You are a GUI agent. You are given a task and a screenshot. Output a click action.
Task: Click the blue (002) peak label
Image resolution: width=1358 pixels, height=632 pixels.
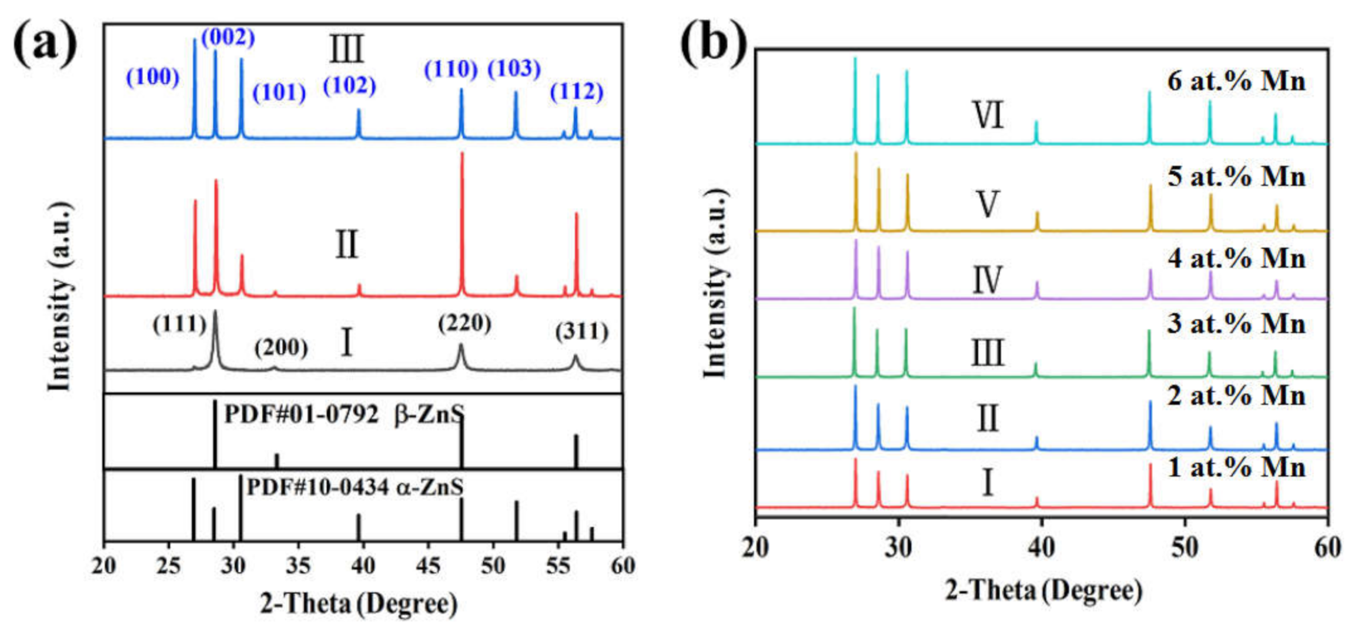click(228, 38)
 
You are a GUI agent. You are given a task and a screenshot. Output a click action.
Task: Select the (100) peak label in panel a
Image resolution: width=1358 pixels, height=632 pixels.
click(153, 77)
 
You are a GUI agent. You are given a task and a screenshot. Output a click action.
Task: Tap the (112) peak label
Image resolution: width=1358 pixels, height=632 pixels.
click(577, 92)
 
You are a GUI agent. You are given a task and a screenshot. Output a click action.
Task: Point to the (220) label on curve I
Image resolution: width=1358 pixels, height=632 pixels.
click(464, 323)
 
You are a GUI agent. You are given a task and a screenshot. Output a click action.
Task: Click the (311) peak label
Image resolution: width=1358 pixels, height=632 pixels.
click(582, 332)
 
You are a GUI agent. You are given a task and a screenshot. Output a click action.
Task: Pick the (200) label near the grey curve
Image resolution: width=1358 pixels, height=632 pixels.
click(281, 348)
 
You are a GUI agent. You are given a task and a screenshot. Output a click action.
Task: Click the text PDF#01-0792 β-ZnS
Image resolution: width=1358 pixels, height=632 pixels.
click(344, 415)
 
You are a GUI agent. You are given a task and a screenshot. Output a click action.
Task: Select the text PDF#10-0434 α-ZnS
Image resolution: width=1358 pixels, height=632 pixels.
click(355, 487)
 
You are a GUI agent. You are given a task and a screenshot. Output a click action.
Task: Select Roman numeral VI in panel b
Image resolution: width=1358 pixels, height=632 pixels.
click(988, 115)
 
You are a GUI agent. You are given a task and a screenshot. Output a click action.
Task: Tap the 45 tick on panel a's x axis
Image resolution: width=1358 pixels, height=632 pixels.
click(428, 566)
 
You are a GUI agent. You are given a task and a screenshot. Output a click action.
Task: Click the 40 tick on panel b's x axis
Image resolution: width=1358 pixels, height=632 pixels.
click(1041, 547)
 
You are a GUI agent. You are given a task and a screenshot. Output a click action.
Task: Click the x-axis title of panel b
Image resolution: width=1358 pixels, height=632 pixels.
click(1043, 590)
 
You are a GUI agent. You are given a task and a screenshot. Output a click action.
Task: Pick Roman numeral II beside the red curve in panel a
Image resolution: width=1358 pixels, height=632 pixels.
click(346, 245)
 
